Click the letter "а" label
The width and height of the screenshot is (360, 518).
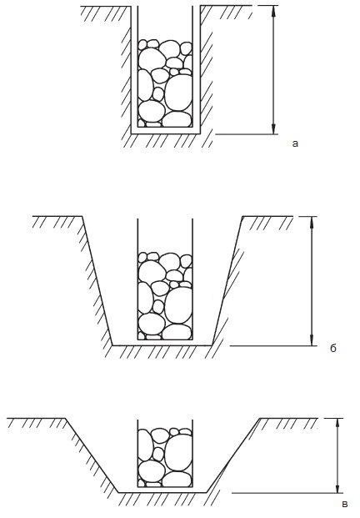point(295,143)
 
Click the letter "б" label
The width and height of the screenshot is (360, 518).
point(333,348)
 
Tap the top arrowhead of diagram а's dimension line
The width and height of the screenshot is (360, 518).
point(273,11)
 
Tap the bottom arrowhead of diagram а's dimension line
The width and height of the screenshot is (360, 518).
point(273,129)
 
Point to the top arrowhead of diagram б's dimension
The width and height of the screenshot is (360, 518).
point(312,222)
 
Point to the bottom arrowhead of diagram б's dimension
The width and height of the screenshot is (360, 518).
point(312,340)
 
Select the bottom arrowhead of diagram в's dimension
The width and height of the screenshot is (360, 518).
point(337,488)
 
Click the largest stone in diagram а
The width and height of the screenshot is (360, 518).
point(178,92)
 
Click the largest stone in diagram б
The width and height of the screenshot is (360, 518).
point(178,305)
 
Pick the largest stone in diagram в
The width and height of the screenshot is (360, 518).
point(178,452)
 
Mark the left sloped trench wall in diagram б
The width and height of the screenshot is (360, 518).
point(97,281)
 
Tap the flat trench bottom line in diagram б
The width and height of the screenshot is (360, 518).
point(162,345)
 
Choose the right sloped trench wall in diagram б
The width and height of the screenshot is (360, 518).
point(227,281)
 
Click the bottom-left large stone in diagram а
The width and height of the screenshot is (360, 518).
point(151,111)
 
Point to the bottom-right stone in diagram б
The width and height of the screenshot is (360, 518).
point(177,332)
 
